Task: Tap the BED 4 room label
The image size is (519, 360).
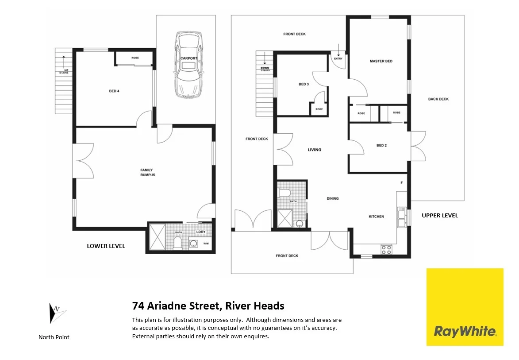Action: [x=114, y=91]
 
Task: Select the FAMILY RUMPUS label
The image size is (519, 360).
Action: [x=147, y=172]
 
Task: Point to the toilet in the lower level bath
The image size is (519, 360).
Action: [x=177, y=242]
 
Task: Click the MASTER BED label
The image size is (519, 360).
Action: [x=381, y=61]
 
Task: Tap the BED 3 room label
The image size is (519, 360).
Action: [x=304, y=84]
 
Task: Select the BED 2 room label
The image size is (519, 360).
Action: [x=381, y=145]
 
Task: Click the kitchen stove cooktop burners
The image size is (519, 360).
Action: [x=386, y=249]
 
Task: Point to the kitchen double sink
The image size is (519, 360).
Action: [x=402, y=217]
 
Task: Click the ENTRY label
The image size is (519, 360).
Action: [x=338, y=58]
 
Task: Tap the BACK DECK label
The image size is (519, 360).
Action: [x=438, y=99]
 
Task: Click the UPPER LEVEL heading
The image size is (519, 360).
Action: [x=439, y=216]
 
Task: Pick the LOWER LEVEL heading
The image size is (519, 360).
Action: [x=106, y=246]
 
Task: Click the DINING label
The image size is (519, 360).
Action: [x=333, y=198]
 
